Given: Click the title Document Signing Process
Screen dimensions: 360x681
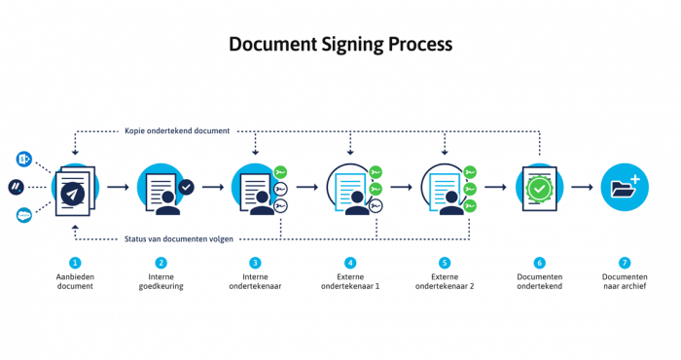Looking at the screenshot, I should point(340,45).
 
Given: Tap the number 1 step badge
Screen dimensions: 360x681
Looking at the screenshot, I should point(75,263).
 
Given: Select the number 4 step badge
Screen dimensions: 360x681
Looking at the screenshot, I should point(350,263).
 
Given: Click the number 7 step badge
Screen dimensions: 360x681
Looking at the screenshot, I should point(625,263).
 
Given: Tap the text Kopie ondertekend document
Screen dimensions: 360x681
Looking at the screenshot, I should point(177,130).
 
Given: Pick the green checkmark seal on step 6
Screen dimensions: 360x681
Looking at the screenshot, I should point(538,188).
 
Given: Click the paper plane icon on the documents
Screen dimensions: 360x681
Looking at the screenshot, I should point(71,194).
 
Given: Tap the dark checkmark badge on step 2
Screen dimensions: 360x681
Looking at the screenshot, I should point(186,187).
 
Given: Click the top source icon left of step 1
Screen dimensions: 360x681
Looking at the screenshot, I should point(23,158).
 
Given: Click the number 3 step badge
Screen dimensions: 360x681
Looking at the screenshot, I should point(255,263).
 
